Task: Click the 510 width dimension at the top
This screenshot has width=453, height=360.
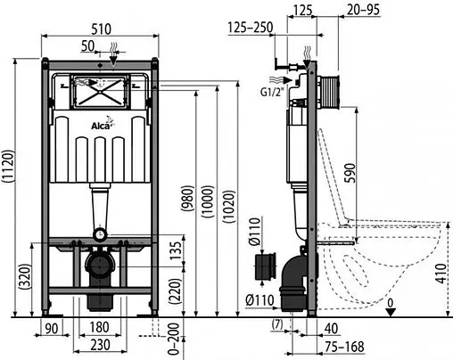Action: tap(101, 27)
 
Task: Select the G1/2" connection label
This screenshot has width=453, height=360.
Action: tap(273, 89)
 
